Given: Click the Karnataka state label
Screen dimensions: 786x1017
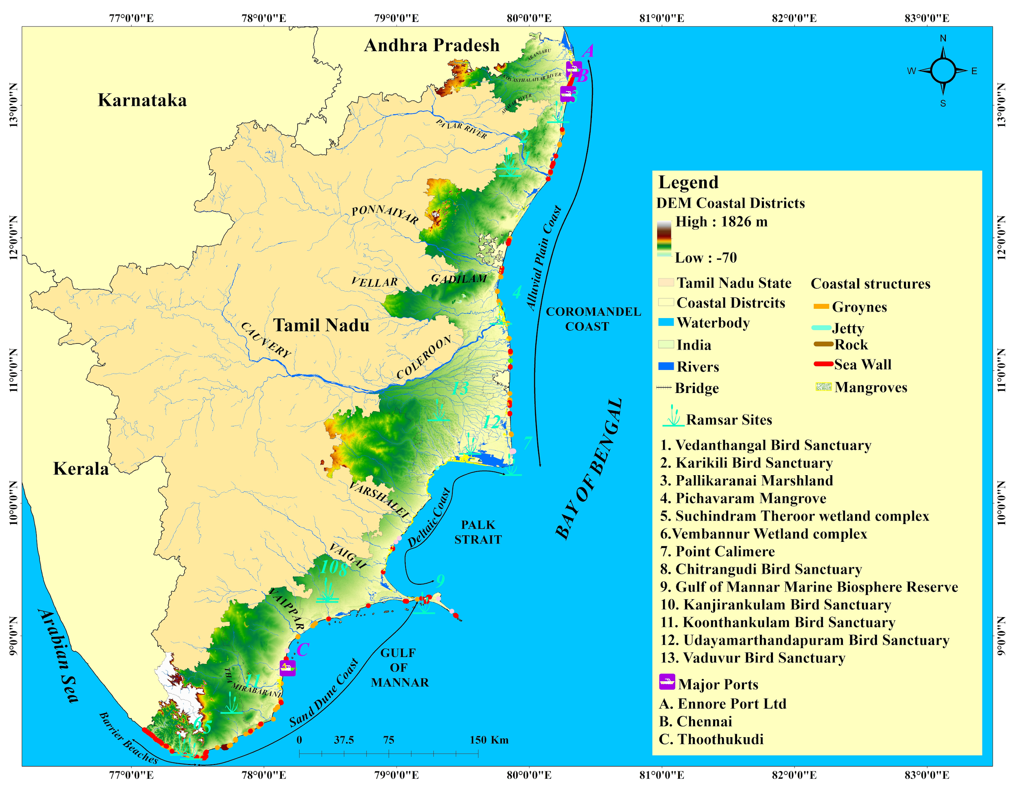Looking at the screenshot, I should [x=142, y=100].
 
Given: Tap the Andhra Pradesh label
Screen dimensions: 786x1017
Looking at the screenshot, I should [x=432, y=46].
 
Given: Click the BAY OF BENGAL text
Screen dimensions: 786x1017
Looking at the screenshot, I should [x=589, y=469].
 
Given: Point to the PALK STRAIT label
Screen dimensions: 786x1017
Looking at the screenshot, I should [x=478, y=532].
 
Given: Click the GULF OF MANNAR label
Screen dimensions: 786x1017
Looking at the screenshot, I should [x=399, y=667].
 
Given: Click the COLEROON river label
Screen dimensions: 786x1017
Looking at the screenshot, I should [x=424, y=357].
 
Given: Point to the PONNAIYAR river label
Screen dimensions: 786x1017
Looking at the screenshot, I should [x=385, y=215].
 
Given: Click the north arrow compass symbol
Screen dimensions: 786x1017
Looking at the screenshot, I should [x=943, y=71].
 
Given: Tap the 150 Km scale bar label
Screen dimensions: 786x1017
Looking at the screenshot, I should [x=489, y=740].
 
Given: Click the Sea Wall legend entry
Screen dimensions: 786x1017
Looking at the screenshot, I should [x=862, y=365].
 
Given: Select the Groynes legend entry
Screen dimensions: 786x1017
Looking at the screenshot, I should [x=859, y=307].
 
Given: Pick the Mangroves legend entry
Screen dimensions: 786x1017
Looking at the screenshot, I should [x=870, y=387].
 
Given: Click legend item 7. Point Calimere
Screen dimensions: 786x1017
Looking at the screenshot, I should [x=718, y=551].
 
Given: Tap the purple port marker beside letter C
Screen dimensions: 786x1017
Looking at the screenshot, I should [x=288, y=668].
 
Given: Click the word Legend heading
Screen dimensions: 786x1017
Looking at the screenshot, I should [x=688, y=182].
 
